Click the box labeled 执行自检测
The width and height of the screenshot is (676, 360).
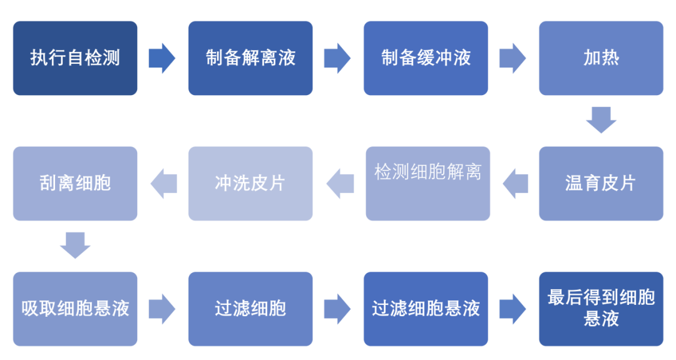75,58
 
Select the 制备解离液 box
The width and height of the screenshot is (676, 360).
250,58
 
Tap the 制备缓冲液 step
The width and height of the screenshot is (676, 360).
426,58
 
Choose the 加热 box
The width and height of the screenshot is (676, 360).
601,58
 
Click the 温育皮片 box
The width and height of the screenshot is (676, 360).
601,183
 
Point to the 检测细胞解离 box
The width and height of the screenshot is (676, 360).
428,183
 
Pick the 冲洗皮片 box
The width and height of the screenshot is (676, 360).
250,183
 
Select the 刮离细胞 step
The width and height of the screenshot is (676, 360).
75,183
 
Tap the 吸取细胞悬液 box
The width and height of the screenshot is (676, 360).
75,309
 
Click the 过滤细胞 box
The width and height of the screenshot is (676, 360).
250,309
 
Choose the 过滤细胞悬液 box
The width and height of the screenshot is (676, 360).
426,309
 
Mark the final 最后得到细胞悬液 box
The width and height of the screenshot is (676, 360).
601,309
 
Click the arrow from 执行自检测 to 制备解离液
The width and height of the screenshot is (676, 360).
162,58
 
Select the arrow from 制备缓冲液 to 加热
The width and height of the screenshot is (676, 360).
513,58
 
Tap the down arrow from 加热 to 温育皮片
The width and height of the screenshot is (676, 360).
601,120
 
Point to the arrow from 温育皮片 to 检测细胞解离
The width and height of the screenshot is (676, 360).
515,183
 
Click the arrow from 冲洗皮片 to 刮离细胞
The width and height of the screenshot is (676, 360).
164,183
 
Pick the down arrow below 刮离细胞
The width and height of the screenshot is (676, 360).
75,245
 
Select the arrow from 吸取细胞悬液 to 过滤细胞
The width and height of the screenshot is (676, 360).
162,309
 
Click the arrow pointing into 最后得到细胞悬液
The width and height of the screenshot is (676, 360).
513,309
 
